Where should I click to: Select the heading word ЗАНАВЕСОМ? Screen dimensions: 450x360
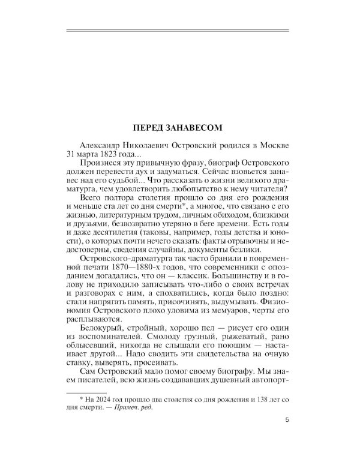click(x=196, y=128)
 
